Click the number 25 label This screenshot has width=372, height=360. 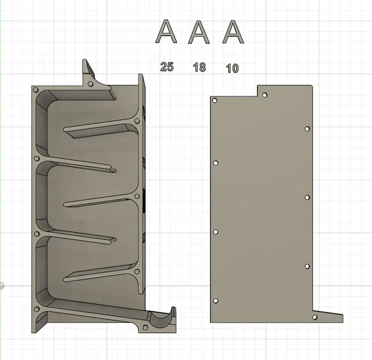(167, 67)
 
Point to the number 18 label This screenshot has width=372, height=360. (199, 68)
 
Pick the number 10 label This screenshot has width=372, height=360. (232, 69)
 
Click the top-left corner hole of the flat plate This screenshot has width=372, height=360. (215, 101)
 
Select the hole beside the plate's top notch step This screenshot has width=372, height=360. (265, 95)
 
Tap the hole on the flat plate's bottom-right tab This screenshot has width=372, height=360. (314, 317)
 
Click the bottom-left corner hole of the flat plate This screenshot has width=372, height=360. (216, 301)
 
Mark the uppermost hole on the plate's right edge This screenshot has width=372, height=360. (307, 129)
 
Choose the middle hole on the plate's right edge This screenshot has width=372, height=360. (307, 198)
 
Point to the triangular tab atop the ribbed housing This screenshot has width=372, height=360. (88, 72)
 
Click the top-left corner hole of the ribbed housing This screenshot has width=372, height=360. (36, 91)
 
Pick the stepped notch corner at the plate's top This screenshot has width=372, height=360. (257, 96)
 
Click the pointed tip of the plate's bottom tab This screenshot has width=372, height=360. (343, 320)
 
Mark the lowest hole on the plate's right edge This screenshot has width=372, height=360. (307, 267)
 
